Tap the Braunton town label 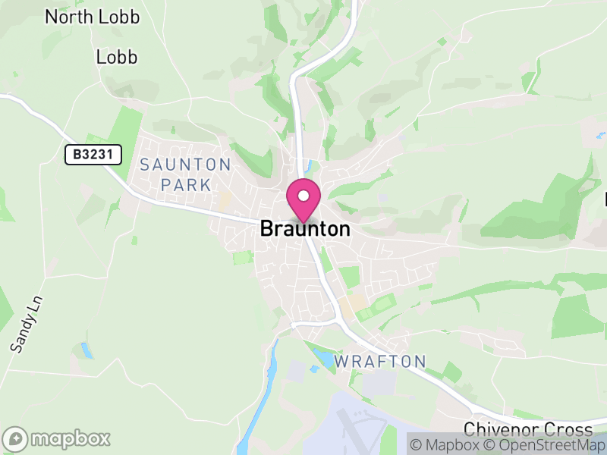coord(305,228)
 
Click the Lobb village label coord(117,57)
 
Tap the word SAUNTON coord(185,165)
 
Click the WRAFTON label coord(379,361)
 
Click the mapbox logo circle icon coord(16,439)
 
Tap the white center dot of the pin coord(303,196)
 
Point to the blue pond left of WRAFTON coord(324,358)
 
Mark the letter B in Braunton coord(266,228)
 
